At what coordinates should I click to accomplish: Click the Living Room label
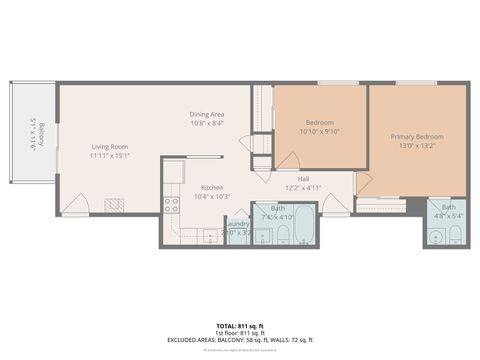click(109, 146)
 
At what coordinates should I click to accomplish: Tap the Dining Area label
click(207, 114)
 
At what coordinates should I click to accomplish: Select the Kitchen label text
click(212, 188)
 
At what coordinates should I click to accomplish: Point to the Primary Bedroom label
click(417, 136)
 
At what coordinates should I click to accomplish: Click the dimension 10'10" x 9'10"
click(320, 131)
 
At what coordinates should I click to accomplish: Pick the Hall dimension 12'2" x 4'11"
click(302, 188)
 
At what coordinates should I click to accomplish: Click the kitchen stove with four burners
click(172, 205)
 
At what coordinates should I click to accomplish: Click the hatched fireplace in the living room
click(114, 206)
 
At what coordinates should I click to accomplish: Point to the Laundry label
click(236, 225)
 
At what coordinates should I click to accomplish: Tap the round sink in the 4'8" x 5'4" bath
click(435, 238)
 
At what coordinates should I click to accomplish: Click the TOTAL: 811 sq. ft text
click(240, 326)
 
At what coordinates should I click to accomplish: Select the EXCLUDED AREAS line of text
click(240, 341)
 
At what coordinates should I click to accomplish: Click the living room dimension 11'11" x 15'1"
click(109, 155)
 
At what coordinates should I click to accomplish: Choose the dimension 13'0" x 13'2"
click(417, 145)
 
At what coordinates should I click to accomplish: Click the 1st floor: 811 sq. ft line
click(240, 333)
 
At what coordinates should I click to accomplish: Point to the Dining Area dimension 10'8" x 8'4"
click(207, 123)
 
